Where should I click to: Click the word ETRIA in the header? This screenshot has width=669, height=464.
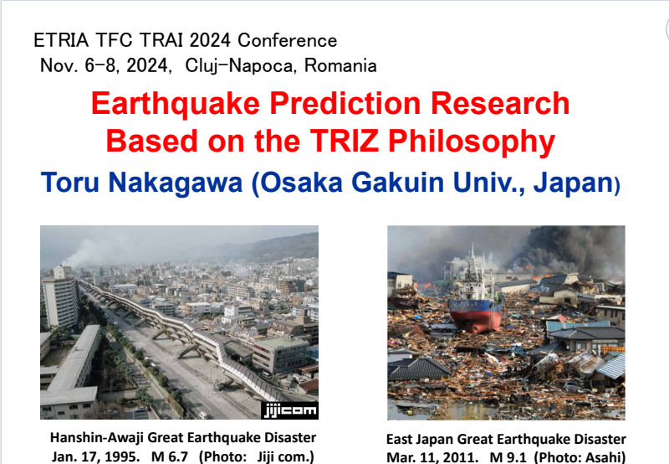[61, 40]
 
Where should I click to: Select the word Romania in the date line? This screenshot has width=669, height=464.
[340, 66]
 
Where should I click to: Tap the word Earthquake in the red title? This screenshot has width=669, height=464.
[176, 104]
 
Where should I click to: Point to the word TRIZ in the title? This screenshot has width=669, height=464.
[344, 141]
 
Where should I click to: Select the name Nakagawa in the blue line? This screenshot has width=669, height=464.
[176, 183]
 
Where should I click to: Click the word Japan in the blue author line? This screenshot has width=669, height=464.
[573, 183]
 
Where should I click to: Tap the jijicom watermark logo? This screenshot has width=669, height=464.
[290, 410]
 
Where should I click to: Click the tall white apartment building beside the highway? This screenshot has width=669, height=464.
[60, 297]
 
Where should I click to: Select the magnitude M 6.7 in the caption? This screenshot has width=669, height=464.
[170, 456]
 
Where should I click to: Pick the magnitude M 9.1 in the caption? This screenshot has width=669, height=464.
[508, 457]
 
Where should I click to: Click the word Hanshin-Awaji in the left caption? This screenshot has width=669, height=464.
[97, 438]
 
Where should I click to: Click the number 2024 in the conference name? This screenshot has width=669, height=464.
[210, 40]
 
